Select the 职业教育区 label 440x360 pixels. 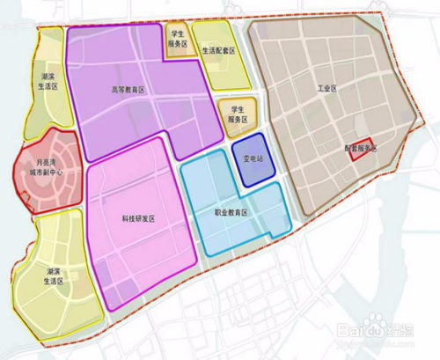233,212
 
